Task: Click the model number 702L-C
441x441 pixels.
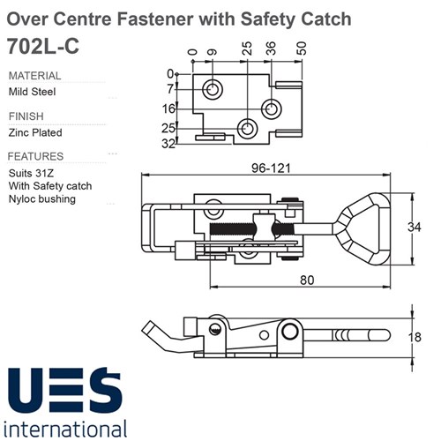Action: pos(43,46)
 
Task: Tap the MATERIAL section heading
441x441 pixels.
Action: pos(34,76)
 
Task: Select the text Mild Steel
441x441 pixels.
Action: pos(32,92)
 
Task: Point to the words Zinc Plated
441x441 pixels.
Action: pos(35,132)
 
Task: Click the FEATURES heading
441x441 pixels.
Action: pos(35,156)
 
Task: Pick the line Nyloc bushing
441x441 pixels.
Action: pos(42,199)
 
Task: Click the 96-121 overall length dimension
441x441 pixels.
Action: pos(271,168)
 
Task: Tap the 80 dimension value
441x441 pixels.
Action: pos(307,280)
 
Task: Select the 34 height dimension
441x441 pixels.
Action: pos(415,227)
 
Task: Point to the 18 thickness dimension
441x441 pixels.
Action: pos(415,337)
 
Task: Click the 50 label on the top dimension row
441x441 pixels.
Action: pos(302,49)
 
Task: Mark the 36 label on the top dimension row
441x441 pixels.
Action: pos(271,49)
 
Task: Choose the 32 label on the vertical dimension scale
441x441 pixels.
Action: pos(168,144)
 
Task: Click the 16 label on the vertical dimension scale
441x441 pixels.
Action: pos(168,109)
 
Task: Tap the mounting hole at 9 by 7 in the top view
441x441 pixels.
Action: pos(212,89)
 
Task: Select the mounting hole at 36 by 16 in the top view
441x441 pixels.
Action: pos(271,109)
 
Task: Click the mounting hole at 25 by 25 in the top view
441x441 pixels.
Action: pos(247,129)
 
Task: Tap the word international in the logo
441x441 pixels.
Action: pos(65,430)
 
